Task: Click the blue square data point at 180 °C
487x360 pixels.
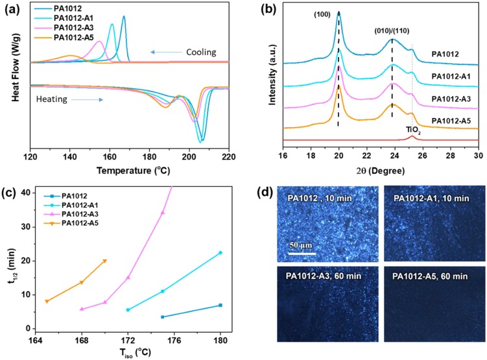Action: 220,305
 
